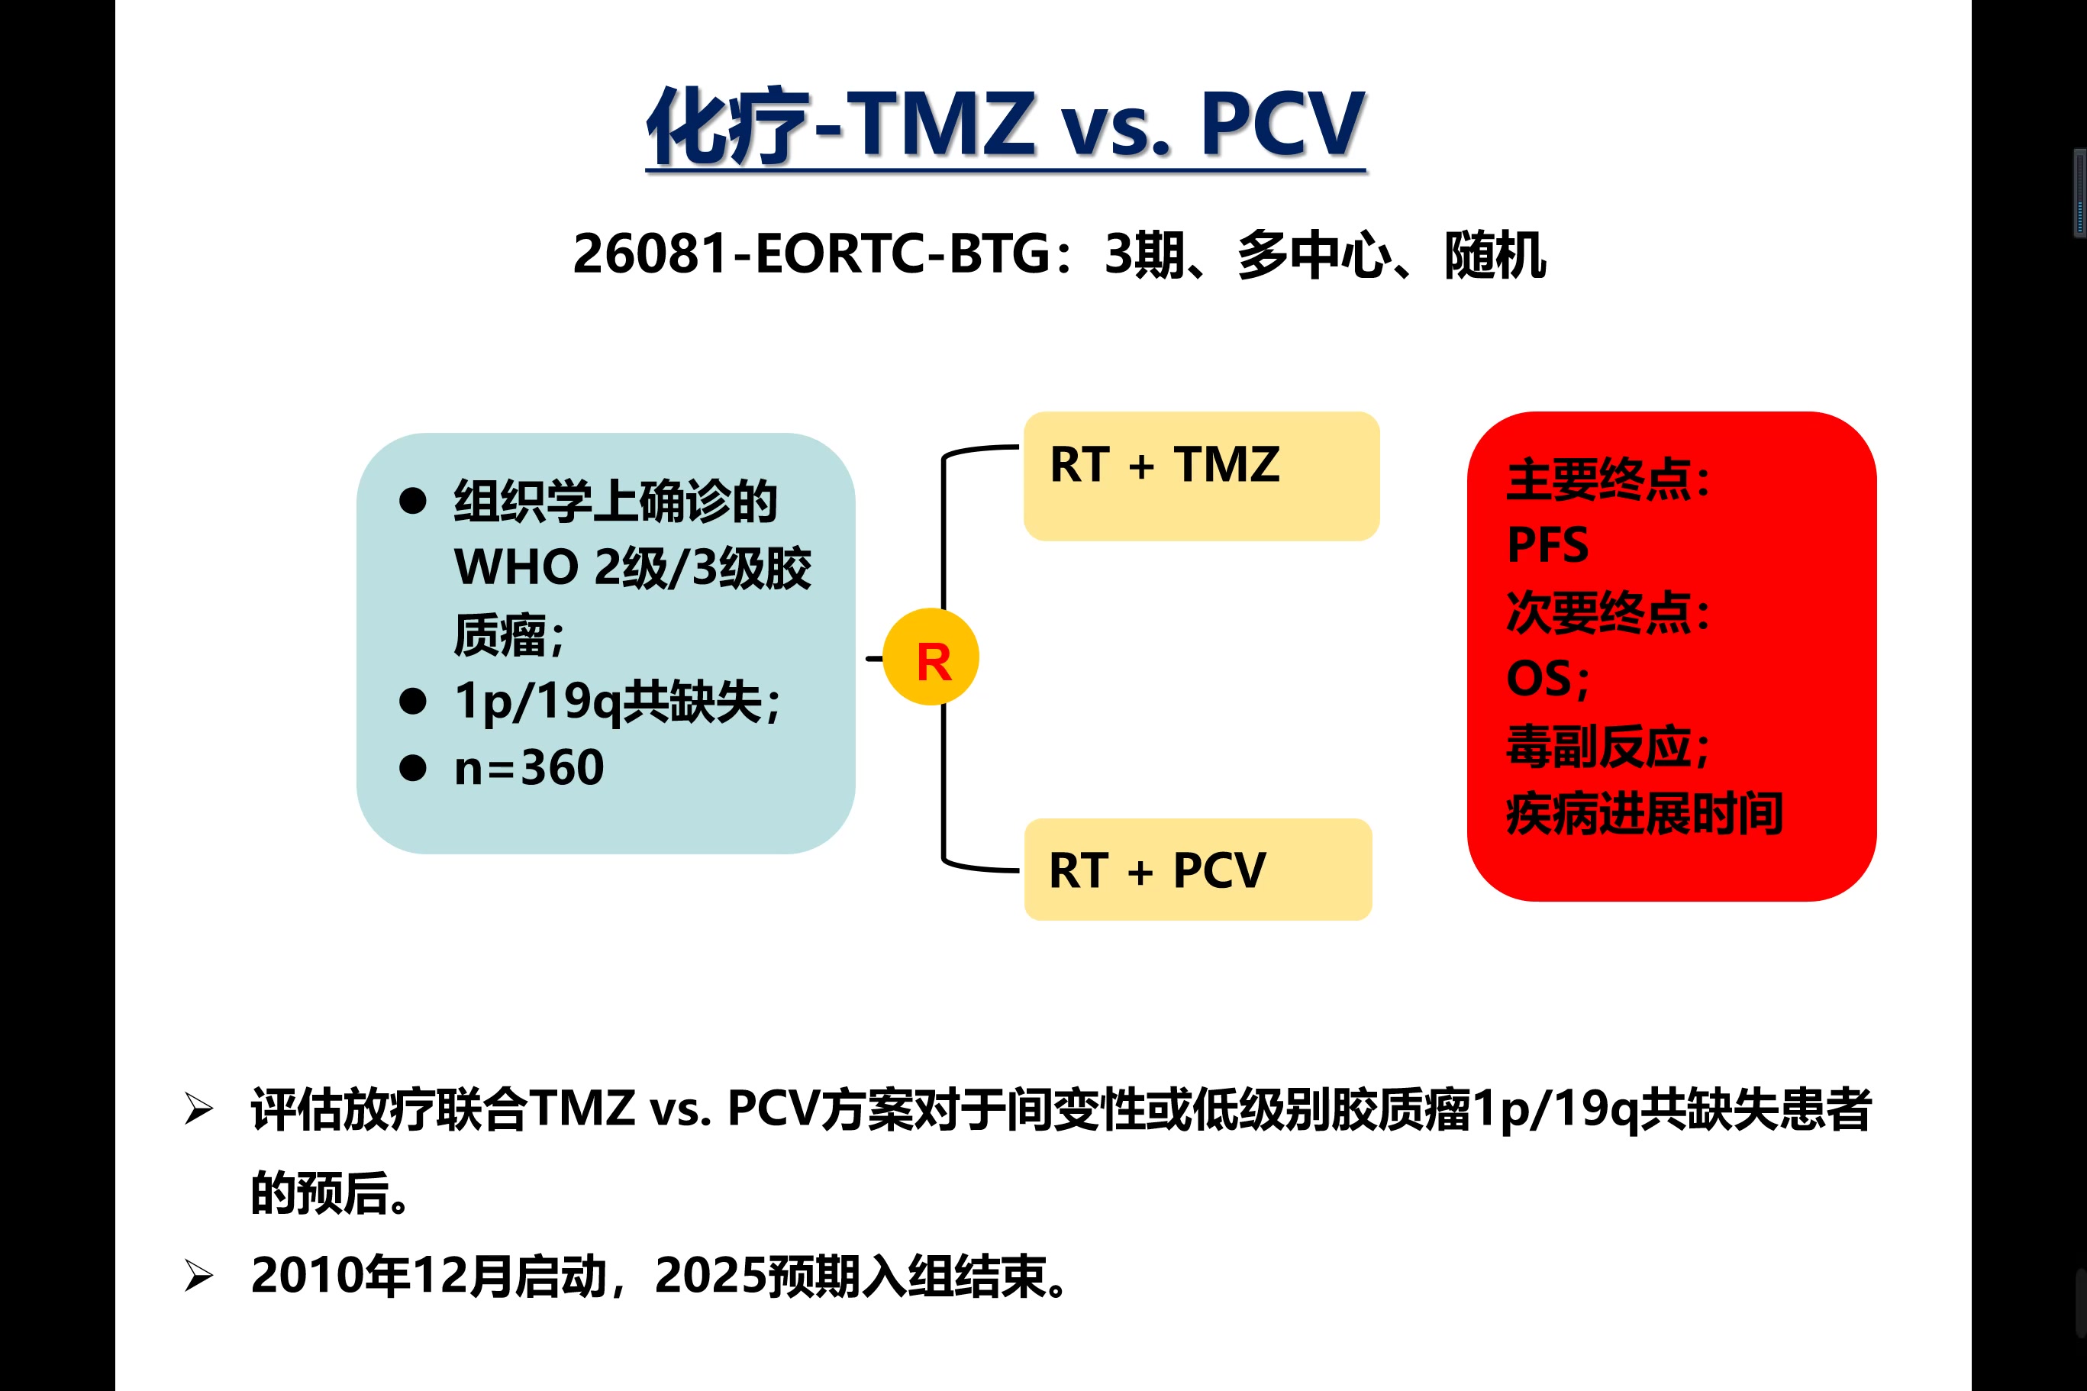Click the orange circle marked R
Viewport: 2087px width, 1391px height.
931,657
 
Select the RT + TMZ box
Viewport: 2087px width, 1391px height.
1201,476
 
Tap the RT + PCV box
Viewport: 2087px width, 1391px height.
1198,870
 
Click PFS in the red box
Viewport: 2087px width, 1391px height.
1548,544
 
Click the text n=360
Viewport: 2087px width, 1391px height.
529,767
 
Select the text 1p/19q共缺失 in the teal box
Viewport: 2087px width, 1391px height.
608,702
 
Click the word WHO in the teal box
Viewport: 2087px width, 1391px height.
516,567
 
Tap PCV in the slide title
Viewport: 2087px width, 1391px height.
1282,124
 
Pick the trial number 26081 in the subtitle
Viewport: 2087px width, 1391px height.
651,253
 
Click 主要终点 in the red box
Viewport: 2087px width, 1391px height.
1598,480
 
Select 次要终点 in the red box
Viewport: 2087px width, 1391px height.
1598,612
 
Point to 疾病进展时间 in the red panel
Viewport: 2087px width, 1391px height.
1644,814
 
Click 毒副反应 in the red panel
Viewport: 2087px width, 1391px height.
1598,746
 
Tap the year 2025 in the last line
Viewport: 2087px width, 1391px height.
711,1276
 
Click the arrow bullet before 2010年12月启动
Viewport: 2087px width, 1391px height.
198,1276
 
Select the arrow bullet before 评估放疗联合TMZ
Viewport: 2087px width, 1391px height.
198,1109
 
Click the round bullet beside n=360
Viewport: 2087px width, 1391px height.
412,767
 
